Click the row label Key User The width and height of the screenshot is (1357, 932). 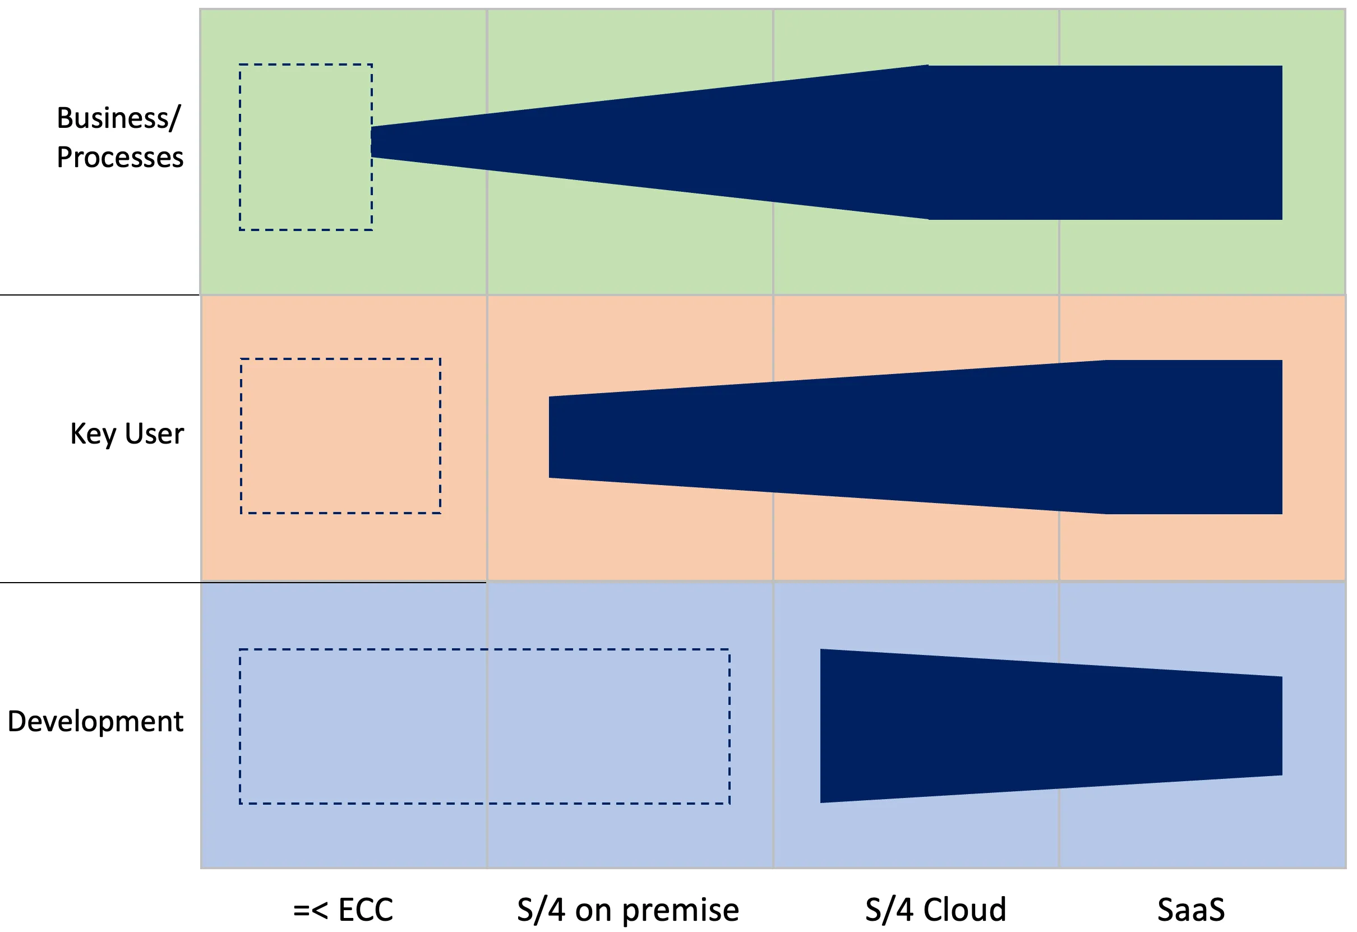pyautogui.click(x=127, y=434)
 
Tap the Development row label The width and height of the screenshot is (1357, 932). pyautogui.click(x=95, y=721)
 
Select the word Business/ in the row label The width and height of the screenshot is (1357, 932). pyautogui.click(x=118, y=118)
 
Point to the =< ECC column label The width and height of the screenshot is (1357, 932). pyautogui.click(x=343, y=909)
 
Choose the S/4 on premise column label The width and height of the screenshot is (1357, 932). pyautogui.click(x=627, y=909)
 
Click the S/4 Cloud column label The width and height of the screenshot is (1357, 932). pyautogui.click(x=935, y=909)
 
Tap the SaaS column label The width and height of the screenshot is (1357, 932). pyautogui.click(x=1191, y=909)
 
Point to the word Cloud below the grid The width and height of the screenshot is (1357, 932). pyautogui.click(x=964, y=909)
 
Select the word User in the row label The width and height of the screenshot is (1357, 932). pyautogui.click(x=154, y=434)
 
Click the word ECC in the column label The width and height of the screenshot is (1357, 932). pyautogui.click(x=366, y=909)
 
